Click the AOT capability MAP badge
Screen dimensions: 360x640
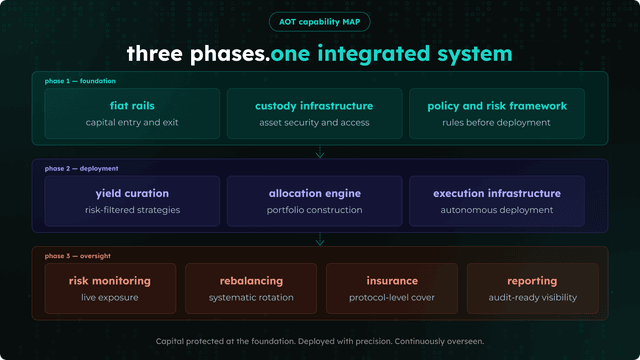[319, 22]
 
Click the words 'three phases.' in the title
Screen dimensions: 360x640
[197, 53]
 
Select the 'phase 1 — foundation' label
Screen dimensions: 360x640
[80, 81]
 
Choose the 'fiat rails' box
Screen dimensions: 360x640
[132, 113]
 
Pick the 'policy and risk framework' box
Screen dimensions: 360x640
[497, 113]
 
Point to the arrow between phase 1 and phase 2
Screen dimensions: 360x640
[320, 153]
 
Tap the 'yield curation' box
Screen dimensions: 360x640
[132, 200]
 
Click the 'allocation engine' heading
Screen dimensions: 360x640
[314, 193]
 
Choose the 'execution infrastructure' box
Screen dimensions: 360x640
[497, 200]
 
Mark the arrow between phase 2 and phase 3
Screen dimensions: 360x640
[320, 240]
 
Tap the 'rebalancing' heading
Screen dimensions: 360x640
[251, 281]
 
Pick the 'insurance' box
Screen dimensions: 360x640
[392, 287]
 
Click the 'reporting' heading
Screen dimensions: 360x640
[533, 281]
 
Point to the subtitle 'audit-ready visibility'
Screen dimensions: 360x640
[533, 298]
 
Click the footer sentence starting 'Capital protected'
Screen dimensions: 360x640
[319, 341]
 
